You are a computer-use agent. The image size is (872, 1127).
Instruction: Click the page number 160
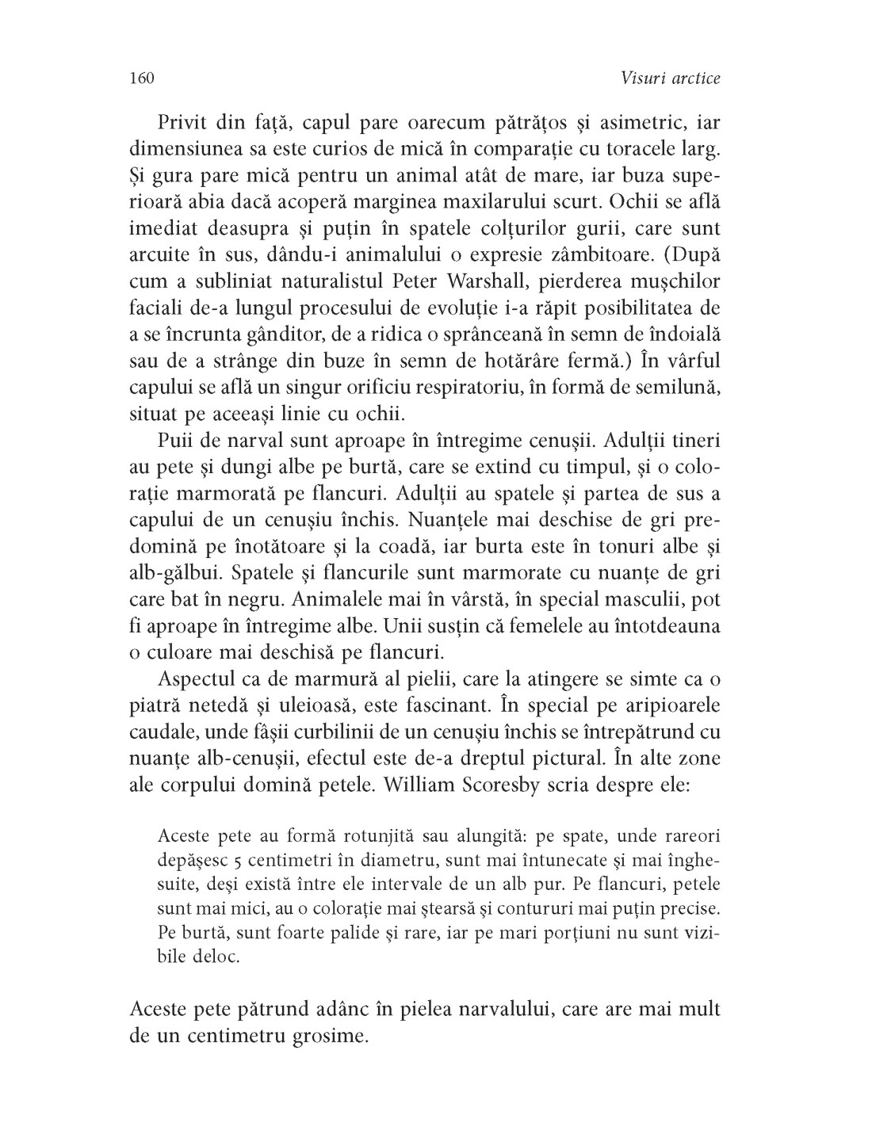pyautogui.click(x=140, y=78)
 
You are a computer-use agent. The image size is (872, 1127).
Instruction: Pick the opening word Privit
pyautogui.click(x=187, y=124)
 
